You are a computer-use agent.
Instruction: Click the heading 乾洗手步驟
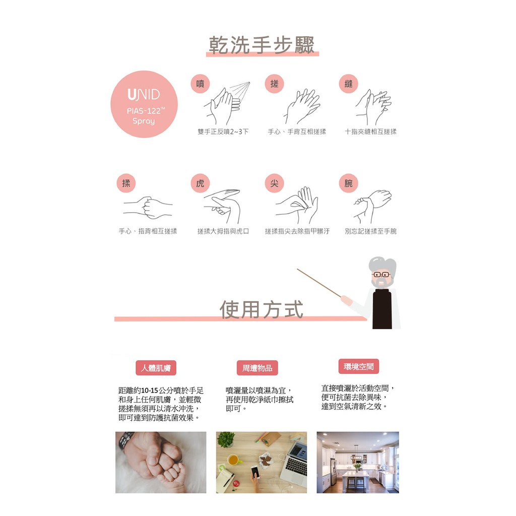coord(262,45)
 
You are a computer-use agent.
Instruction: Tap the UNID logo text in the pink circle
coord(144,95)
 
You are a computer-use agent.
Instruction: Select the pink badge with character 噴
coord(200,84)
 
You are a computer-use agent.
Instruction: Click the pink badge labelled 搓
coord(274,84)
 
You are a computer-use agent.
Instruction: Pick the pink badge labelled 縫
coord(349,84)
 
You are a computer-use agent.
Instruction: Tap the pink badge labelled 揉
coord(126,183)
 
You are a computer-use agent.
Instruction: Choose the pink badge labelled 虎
coord(200,183)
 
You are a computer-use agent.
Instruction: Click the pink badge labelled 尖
coord(274,183)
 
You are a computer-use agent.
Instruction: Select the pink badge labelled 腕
coord(349,183)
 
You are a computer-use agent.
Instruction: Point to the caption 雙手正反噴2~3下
coord(223,132)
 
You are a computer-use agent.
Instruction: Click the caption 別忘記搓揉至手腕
coord(370,231)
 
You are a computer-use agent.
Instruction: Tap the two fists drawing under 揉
coord(148,207)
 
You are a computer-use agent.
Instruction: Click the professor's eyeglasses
coord(381,275)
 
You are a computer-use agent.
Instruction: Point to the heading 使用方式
coord(262,309)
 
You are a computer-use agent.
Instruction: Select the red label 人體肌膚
coord(156,368)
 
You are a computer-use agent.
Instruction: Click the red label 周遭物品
coord(257,368)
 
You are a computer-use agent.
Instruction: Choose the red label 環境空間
coord(359,366)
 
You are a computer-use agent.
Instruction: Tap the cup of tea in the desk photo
coord(233,460)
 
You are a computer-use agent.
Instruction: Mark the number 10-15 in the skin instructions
coord(149,391)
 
